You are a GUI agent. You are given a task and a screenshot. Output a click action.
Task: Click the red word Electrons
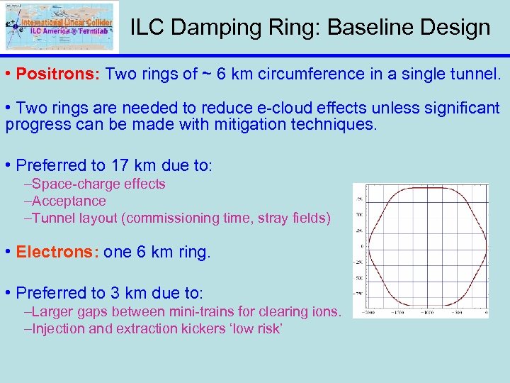pyautogui.click(x=57, y=252)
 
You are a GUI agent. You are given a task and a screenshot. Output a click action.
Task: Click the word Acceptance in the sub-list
pyautogui.click(x=69, y=201)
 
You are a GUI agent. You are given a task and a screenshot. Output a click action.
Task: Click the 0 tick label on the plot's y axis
pyautogui.click(x=361, y=247)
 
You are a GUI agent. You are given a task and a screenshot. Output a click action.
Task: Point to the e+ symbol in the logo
pyautogui.click(x=11, y=24)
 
